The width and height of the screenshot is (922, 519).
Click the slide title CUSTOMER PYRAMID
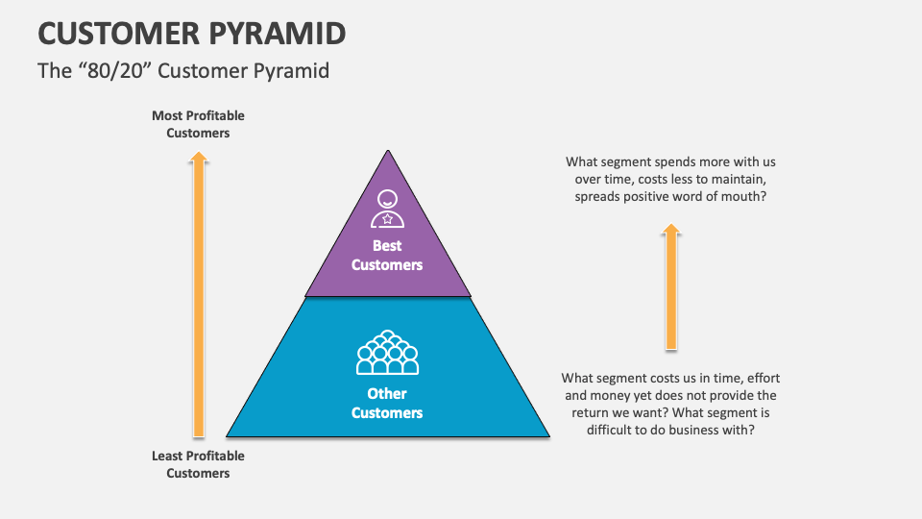pos(191,33)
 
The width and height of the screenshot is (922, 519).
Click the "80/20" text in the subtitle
pos(113,71)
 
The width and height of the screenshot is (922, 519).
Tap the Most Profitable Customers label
pos(198,124)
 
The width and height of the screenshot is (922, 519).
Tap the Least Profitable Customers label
pos(198,464)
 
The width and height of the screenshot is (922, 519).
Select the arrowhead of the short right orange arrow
pos(671,230)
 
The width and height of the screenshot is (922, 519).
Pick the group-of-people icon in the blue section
pos(387,353)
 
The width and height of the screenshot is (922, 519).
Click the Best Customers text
pos(387,256)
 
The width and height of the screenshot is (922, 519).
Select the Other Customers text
pos(387,403)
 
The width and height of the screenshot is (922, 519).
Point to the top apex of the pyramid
pos(388,152)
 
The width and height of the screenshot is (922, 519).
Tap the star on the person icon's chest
pos(387,218)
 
